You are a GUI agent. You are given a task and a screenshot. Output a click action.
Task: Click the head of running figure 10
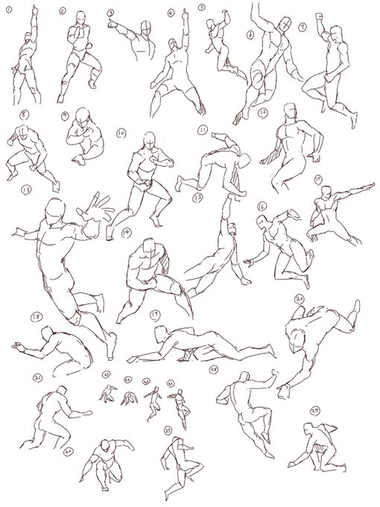(x=151, y=141)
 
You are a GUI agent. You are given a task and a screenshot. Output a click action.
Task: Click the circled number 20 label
(x=300, y=298)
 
